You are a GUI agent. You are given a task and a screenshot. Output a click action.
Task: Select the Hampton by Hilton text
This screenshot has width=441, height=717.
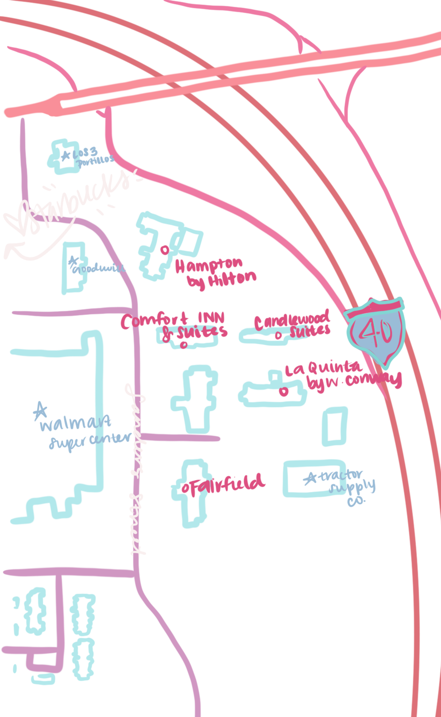pos(215,272)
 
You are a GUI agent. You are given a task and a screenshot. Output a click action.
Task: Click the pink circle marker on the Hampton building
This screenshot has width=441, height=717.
pos(164,250)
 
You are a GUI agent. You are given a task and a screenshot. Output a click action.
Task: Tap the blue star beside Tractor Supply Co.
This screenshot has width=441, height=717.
pos(310,478)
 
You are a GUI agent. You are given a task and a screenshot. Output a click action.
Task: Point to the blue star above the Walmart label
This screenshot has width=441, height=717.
pos(40,410)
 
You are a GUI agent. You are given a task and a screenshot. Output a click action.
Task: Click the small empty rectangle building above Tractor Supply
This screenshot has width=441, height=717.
pos(334,426)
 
